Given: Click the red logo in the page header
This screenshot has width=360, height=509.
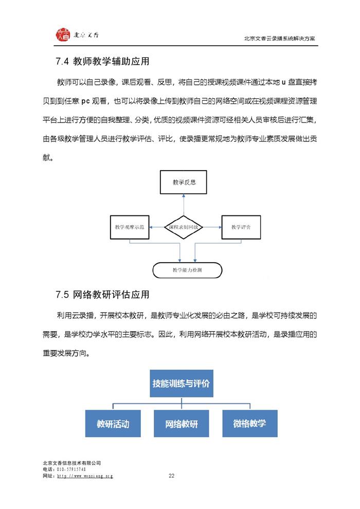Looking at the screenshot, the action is coord(63,35).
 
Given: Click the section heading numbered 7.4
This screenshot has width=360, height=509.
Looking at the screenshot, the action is coord(102,61).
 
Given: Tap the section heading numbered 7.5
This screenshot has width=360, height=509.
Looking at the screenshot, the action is coord(102,295).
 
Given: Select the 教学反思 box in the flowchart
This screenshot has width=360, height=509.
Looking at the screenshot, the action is coord(184,182).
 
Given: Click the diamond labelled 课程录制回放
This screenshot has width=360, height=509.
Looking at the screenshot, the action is coord(184,227).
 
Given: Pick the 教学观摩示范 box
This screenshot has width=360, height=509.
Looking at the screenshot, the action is coord(130,227).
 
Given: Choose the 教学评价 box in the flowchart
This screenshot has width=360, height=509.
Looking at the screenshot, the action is coord(241,227).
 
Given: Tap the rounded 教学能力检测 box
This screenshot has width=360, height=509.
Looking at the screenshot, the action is coord(187,270).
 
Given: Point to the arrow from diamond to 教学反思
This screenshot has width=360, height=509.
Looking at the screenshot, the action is coord(184,205).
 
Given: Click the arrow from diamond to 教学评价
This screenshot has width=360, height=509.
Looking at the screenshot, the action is coord(212,227).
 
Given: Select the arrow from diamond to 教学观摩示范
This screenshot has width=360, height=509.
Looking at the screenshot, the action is coord(157,227).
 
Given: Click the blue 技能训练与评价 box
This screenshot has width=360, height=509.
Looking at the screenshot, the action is coord(182,384).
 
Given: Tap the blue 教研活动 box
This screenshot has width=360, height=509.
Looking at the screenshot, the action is coord(113,423).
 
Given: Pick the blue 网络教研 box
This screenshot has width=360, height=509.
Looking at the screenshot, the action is coord(182,423).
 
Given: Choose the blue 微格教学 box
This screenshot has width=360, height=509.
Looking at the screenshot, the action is coord(250,423).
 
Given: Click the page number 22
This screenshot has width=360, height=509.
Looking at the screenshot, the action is coord(171,476).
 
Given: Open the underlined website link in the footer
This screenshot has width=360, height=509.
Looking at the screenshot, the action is coord(85,476).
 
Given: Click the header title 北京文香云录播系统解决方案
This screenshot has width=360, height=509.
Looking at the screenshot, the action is coord(279,39).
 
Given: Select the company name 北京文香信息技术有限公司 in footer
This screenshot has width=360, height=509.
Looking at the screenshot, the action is coord(71,463).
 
